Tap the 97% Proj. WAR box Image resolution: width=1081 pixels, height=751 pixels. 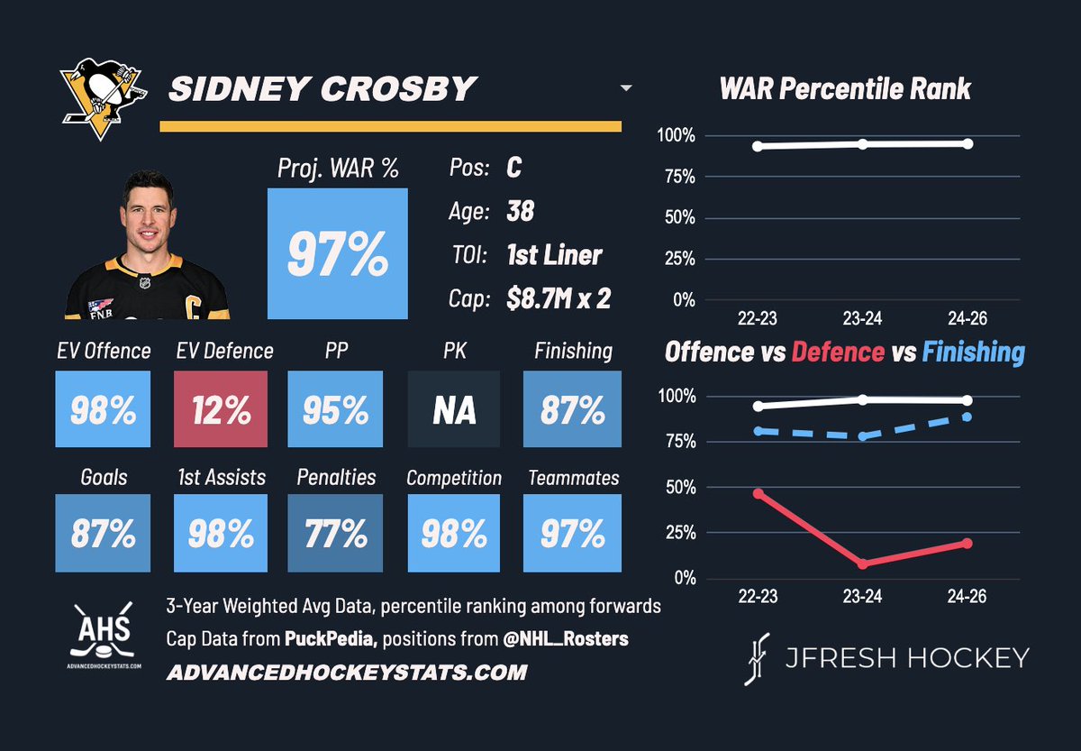tap(338, 253)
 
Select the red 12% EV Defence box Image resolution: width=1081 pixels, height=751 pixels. tap(221, 409)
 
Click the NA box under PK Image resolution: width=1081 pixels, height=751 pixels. tap(455, 409)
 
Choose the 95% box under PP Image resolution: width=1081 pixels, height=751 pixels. tap(335, 409)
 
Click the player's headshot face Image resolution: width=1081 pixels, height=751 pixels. tap(147, 216)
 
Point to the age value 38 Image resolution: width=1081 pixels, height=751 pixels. tap(521, 211)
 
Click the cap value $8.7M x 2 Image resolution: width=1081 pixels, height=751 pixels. tap(559, 298)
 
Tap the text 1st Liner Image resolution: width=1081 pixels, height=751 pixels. tap(554, 254)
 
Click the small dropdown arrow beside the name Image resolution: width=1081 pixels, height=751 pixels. tap(626, 89)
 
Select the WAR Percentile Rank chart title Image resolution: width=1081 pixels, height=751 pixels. tap(845, 88)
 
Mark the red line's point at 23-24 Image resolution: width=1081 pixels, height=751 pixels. tap(863, 563)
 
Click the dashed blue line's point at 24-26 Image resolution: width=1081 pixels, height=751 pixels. tap(967, 417)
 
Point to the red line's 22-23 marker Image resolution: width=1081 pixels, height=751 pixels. tap(759, 494)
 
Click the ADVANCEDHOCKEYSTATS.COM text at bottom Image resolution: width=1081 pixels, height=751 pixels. tap(347, 673)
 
